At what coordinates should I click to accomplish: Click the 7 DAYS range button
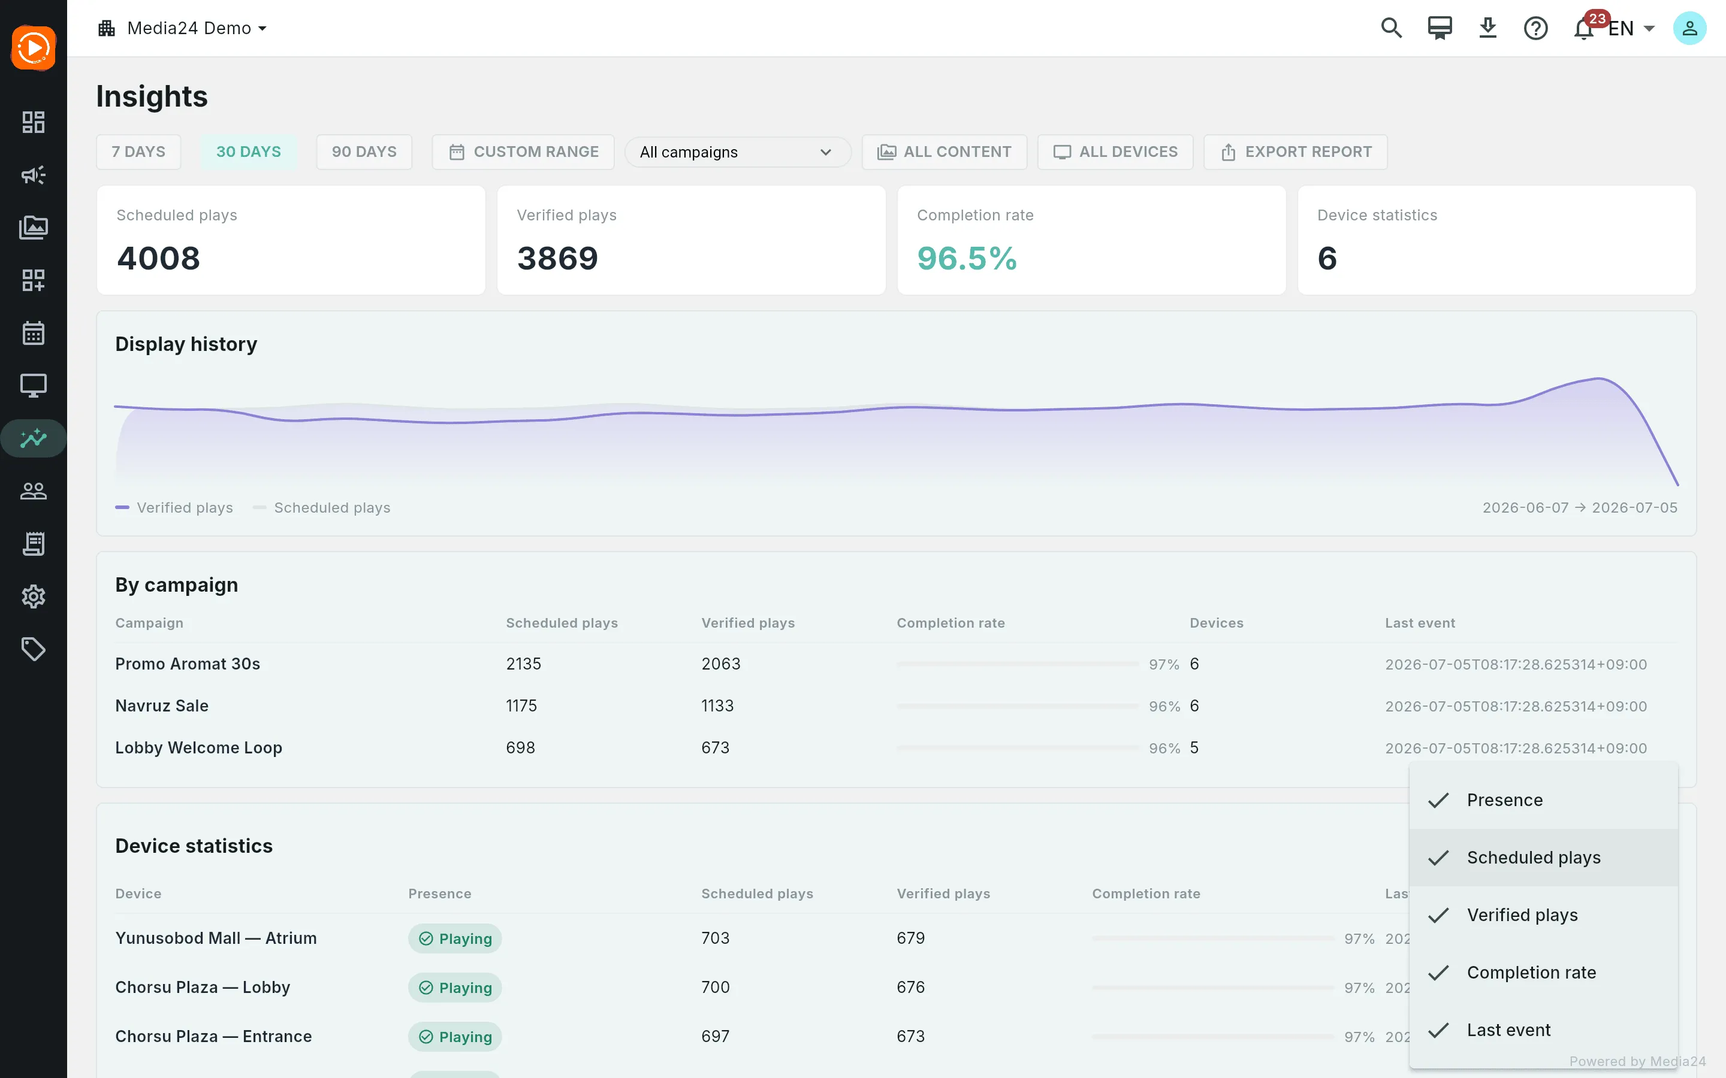coord(138,152)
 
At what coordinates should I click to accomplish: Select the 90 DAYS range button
coord(364,152)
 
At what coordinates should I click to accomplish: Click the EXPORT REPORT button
coord(1295,152)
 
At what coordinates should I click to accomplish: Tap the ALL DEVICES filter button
coord(1115,152)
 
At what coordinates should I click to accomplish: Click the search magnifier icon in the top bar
coord(1391,29)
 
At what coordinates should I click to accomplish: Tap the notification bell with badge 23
coord(1584,29)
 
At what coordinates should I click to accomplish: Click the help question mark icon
coord(1535,29)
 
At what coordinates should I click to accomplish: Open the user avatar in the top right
coord(1689,29)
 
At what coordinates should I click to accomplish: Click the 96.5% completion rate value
coord(967,258)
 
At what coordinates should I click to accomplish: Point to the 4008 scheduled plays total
coord(158,258)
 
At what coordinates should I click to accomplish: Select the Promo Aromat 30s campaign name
coord(188,664)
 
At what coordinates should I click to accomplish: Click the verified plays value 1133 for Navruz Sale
coord(717,706)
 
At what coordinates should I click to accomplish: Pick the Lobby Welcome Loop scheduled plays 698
coord(520,748)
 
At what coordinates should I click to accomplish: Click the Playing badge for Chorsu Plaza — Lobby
coord(455,988)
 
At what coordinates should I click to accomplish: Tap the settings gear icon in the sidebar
coord(34,596)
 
